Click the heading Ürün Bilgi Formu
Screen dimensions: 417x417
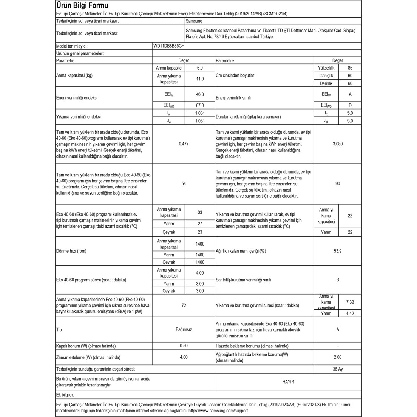coord(82,6)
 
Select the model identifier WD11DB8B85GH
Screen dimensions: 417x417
coord(169,46)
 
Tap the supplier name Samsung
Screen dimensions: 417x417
coord(194,21)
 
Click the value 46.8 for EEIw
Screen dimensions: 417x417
coord(200,94)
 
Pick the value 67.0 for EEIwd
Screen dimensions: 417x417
coord(200,105)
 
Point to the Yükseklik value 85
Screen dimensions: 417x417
coord(350,68)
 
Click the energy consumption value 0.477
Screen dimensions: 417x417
coord(184,144)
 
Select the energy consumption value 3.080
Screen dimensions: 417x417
coord(338,144)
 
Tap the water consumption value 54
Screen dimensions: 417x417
coord(184,184)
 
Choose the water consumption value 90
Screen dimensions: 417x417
coord(338,184)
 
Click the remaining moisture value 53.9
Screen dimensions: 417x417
coord(338,251)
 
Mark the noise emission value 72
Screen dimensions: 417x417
coord(184,306)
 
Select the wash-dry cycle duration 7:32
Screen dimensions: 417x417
coord(350,302)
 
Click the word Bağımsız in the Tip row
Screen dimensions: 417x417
coord(184,329)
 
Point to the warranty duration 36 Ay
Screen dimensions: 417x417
coord(338,369)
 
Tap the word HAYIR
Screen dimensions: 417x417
coord(288,382)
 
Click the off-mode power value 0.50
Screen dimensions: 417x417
coord(184,346)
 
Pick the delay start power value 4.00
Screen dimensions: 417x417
coord(184,357)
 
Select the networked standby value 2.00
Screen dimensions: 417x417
coord(338,357)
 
